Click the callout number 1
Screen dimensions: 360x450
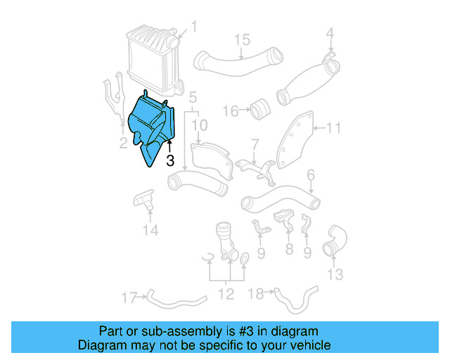[x=194, y=27]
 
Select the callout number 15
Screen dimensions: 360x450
[x=242, y=39]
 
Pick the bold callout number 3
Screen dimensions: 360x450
[x=169, y=160]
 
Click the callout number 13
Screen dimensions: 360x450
[x=336, y=273]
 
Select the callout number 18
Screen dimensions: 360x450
[x=257, y=292]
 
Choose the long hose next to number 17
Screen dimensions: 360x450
[x=176, y=300]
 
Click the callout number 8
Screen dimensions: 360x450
[x=289, y=249]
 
